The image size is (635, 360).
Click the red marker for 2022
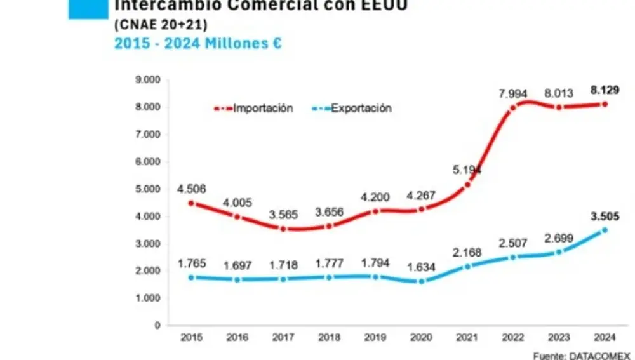tap(513, 107)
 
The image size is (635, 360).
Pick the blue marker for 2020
tap(421, 281)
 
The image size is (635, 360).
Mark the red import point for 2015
tap(191, 203)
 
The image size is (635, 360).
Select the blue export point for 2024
tap(604, 230)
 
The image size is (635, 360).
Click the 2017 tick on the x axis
tap(283, 337)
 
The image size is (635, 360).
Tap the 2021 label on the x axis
tap(467, 337)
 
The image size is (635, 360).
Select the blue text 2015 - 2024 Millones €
tap(197, 44)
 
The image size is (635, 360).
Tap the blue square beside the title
tap(88, 9)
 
